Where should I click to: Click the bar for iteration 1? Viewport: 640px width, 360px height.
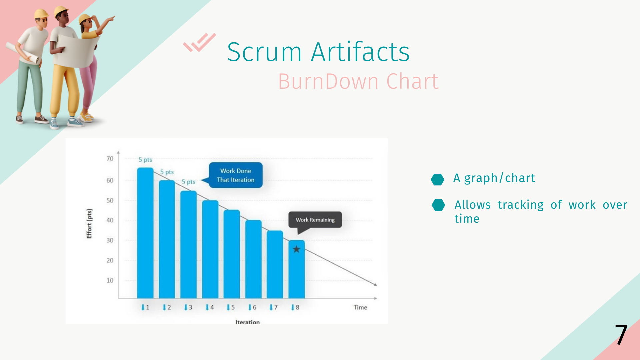(145, 233)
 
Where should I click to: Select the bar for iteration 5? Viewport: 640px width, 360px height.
(232, 254)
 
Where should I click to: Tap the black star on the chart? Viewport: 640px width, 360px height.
(296, 249)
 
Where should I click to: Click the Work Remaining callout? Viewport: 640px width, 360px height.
(315, 220)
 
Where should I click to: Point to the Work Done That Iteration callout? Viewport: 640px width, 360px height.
(236, 175)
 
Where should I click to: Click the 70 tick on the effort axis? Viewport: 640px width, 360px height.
(110, 159)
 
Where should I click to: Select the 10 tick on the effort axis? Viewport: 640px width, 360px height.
(110, 280)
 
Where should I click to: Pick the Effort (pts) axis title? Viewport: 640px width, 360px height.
(89, 224)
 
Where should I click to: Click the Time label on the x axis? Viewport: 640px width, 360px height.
(360, 307)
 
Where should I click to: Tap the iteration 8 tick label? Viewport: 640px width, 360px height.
(295, 307)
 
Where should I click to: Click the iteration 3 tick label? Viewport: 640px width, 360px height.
(188, 307)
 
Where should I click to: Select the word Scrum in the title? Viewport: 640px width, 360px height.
(265, 52)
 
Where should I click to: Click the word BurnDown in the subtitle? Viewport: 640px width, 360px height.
(328, 81)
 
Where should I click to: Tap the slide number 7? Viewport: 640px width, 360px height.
(621, 334)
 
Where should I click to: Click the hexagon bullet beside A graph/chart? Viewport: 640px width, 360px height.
(437, 179)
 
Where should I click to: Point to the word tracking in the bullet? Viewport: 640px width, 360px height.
(521, 205)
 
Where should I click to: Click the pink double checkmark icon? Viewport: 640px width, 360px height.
(199, 42)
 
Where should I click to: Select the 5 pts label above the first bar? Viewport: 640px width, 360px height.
(145, 160)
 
